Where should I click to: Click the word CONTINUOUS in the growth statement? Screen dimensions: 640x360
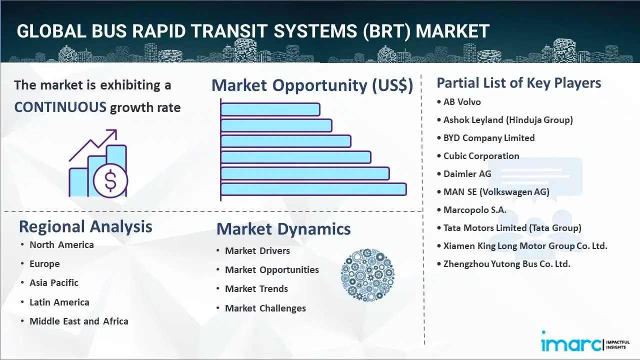(60, 107)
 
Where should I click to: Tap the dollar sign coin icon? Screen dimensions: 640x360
(110, 180)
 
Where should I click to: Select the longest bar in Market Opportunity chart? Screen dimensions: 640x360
(313, 189)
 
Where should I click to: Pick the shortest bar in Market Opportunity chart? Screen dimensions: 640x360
(270, 109)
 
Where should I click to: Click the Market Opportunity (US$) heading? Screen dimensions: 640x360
(312, 85)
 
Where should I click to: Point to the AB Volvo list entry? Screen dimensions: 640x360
(461, 102)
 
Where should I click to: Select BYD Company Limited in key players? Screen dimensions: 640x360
(489, 138)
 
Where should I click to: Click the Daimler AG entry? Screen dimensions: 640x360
(467, 174)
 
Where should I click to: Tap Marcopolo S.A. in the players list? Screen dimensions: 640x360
(474, 210)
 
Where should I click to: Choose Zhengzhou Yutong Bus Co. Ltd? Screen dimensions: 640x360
(506, 264)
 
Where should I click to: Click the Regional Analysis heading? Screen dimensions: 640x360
(85, 226)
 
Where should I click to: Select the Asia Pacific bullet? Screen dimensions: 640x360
(54, 283)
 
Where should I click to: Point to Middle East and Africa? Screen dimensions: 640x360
(79, 321)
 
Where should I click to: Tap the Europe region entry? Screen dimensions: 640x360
(44, 264)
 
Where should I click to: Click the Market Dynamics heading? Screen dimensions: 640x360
(283, 229)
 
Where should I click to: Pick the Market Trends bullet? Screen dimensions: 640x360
(256, 289)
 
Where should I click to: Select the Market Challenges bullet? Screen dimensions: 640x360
(265, 308)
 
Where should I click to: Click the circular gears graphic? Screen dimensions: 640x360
(367, 275)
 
